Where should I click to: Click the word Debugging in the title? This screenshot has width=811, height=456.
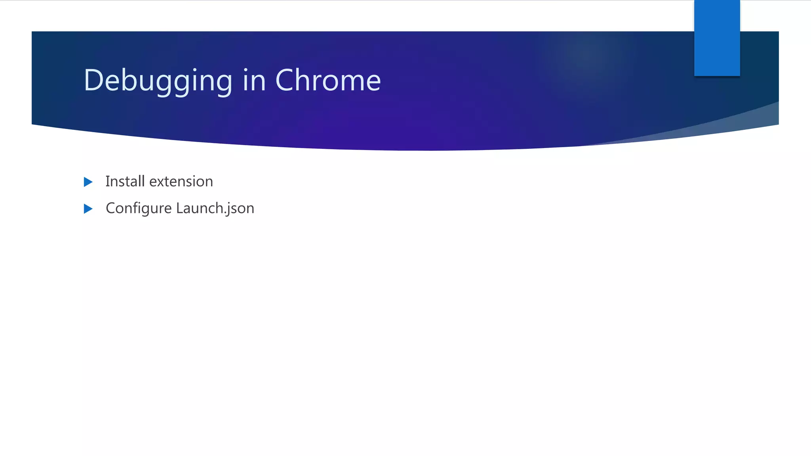coord(158,81)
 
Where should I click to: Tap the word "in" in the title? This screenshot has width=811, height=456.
coord(253,80)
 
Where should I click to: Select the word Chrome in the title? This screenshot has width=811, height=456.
coord(328,80)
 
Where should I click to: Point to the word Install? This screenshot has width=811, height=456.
coord(125,181)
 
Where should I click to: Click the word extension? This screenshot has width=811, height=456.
coord(181,182)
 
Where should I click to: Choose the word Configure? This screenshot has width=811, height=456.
coord(139,209)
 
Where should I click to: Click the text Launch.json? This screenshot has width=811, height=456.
coord(215,208)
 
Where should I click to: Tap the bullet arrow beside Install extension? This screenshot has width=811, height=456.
coord(88,182)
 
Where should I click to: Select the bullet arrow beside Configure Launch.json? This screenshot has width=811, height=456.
coord(88,209)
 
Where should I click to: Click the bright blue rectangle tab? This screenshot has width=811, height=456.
coord(717,38)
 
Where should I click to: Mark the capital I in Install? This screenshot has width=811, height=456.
coord(107,181)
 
